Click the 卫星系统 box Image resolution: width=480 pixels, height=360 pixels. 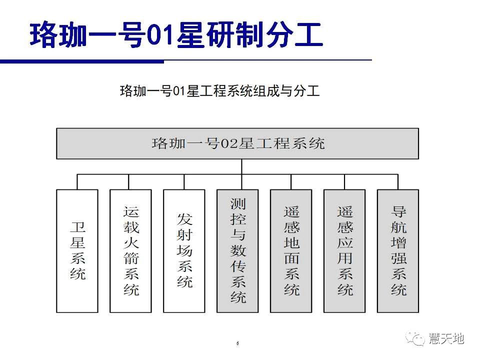coord(77,250)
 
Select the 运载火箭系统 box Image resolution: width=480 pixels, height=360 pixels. coord(130,250)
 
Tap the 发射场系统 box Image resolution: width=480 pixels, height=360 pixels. coord(184,250)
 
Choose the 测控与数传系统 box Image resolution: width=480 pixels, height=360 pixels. coord(237,250)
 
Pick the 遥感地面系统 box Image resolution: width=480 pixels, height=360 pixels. coord(291,250)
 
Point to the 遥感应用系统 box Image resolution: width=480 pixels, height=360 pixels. coord(344,250)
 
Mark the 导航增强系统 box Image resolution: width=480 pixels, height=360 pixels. coord(398,250)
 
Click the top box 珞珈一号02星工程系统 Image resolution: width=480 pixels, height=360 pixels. coord(237,143)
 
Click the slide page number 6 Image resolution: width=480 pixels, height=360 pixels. coord(237,343)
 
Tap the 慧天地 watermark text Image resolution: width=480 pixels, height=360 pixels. coord(446,338)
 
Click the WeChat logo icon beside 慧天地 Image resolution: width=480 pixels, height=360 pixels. coord(415,338)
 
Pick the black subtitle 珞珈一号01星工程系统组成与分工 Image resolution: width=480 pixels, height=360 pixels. coord(219,90)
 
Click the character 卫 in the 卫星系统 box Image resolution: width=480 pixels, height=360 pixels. coord(77,227)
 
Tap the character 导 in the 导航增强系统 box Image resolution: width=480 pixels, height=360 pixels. coord(398,211)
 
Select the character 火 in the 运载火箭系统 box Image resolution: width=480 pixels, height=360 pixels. coord(131,243)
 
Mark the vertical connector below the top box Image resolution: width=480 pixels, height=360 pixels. coord(242,167)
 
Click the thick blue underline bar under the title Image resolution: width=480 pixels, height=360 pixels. coord(81,61)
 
